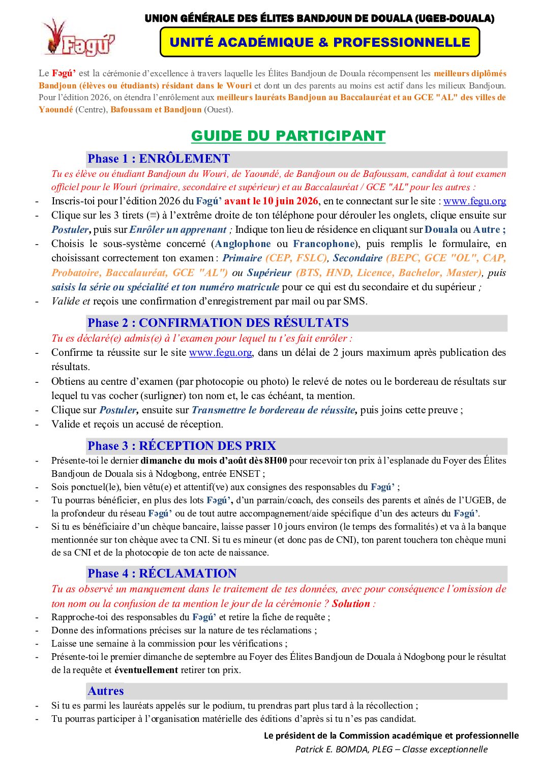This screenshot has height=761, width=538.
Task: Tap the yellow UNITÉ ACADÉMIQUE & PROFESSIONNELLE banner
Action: (320, 42)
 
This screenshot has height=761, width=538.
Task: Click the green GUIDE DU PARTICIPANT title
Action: (288, 136)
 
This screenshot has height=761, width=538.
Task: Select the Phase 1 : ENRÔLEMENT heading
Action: (159, 159)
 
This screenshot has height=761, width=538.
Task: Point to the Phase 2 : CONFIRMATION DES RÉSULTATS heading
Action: (218, 323)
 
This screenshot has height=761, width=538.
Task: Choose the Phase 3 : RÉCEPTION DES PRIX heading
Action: (182, 446)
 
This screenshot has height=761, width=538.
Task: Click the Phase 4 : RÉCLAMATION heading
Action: (162, 573)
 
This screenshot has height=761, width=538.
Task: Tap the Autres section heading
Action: (106, 691)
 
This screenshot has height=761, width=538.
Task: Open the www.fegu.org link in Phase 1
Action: (474, 201)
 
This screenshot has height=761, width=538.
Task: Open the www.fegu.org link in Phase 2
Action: (220, 352)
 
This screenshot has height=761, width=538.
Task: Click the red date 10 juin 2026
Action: (290, 201)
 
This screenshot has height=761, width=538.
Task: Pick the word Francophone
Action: (324, 243)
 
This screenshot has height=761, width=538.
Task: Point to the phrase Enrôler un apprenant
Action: (178, 229)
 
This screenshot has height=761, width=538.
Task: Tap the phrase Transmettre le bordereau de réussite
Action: (273, 410)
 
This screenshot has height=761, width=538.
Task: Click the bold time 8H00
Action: (276, 461)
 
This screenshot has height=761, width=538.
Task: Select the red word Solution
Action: (351, 603)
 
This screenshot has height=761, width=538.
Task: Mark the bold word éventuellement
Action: (146, 669)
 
